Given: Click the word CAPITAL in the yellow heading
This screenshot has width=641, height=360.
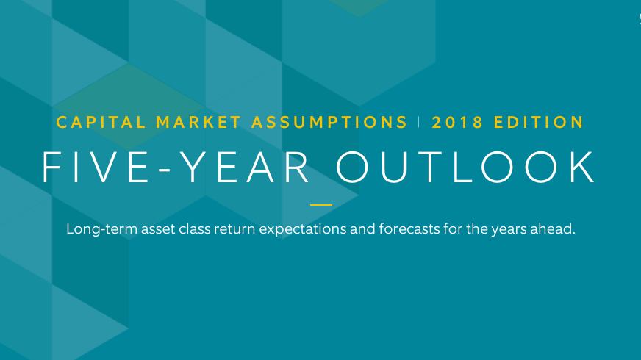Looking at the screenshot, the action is [101, 122].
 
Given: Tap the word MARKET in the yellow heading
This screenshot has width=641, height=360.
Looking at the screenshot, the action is [198, 122].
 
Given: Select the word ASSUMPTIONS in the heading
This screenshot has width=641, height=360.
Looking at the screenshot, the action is [329, 122].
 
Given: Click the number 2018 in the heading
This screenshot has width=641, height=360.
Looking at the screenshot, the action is [458, 122].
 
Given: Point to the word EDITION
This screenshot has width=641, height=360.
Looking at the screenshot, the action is [539, 122].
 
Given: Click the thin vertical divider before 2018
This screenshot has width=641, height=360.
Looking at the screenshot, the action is [419, 122].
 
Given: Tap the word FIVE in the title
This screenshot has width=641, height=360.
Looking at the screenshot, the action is [96, 167].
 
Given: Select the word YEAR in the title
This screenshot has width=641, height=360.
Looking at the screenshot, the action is [245, 167].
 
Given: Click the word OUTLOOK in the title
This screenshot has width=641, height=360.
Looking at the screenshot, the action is [465, 167].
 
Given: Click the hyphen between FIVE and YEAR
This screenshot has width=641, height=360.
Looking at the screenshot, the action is [165, 169].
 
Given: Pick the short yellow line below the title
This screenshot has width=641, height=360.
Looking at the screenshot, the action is [321, 205].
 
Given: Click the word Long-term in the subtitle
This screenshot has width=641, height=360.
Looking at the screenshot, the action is [101, 228].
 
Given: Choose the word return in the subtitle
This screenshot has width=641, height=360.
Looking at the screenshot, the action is [235, 229].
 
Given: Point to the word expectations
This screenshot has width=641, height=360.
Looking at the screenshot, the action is [303, 230].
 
